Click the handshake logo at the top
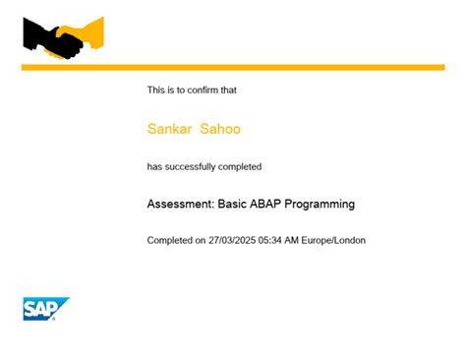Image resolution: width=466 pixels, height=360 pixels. tap(63, 38)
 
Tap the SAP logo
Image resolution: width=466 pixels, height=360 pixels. tap(46, 309)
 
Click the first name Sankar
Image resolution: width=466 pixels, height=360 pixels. tap(169, 129)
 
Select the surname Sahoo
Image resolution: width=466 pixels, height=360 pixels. tap(220, 129)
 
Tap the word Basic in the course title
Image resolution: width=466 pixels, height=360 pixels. tap(233, 205)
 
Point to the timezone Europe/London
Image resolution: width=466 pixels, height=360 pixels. tap(336, 241)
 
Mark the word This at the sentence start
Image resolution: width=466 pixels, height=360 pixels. tap(156, 90)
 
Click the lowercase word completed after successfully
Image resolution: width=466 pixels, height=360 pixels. tap(241, 167)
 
